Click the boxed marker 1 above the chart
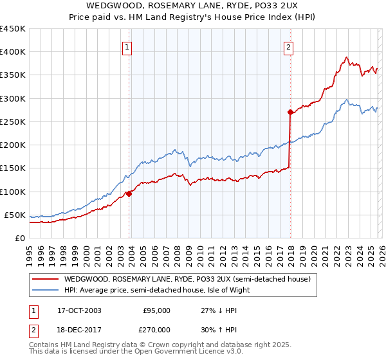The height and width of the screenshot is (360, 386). pos(127,47)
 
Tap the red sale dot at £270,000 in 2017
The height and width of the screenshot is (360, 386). pos(290,112)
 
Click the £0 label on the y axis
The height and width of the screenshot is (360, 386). pos(20,238)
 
